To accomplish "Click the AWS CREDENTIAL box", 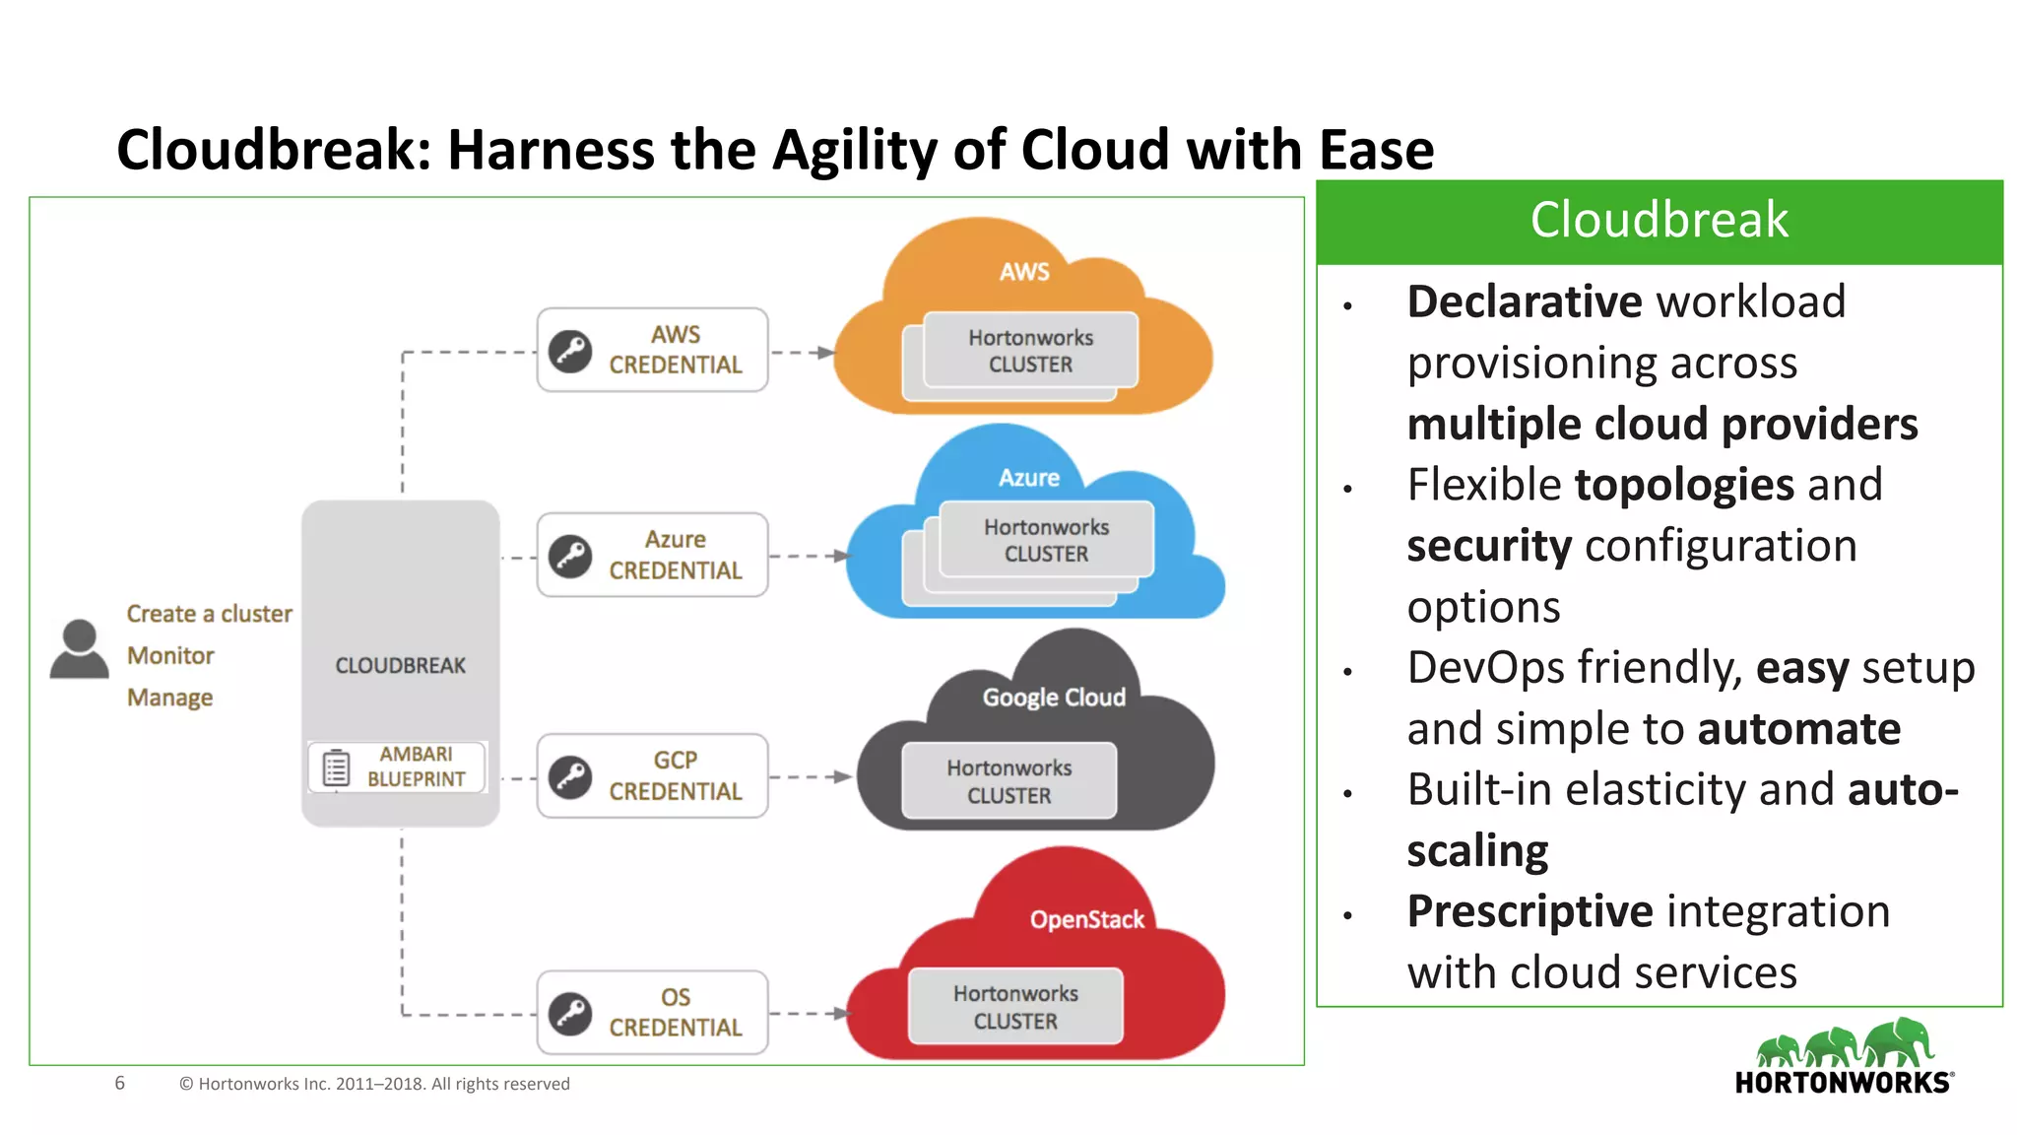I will (652, 350).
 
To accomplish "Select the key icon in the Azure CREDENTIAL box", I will (570, 556).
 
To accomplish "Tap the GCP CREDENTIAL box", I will (652, 775).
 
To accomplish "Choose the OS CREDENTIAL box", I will (652, 1012).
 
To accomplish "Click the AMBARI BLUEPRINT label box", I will (397, 767).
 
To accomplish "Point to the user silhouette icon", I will (79, 649).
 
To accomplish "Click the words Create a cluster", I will (209, 614).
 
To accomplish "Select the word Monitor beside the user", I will (170, 655).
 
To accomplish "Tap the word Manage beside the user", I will (169, 698).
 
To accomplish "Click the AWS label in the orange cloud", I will (1024, 272).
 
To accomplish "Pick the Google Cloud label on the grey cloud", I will (1054, 698).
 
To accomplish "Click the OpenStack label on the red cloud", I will (1086, 919).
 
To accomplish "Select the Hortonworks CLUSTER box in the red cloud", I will (1015, 1007).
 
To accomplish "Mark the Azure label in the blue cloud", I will (1029, 478).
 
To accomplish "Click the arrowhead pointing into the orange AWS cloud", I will (826, 352).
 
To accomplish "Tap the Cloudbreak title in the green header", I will (1659, 220).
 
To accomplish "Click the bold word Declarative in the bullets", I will (1524, 301).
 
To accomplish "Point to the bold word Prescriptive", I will (1529, 911).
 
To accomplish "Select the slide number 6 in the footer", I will (120, 1083).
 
